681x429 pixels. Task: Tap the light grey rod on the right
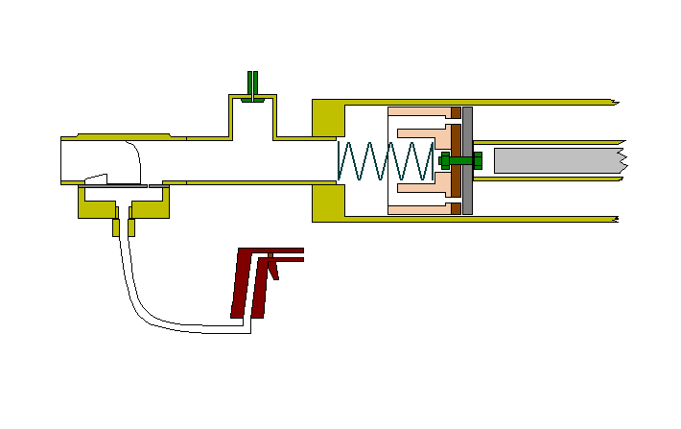click(x=556, y=160)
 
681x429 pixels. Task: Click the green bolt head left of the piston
click(x=444, y=160)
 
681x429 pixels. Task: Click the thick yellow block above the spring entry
click(x=327, y=117)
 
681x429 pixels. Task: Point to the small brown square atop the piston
click(x=456, y=113)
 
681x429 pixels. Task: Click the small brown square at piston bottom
click(x=456, y=207)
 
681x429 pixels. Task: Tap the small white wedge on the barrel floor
click(x=95, y=179)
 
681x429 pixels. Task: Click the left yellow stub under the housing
click(x=115, y=227)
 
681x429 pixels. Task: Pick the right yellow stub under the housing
click(x=131, y=227)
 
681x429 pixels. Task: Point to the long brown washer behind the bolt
click(x=456, y=160)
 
